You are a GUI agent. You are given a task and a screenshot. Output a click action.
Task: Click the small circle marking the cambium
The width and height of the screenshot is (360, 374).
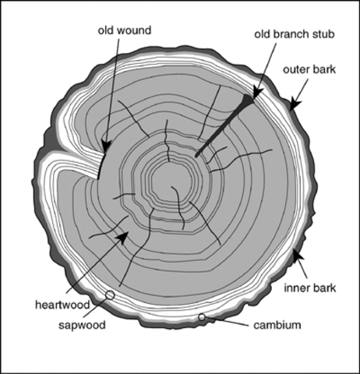click(x=202, y=317)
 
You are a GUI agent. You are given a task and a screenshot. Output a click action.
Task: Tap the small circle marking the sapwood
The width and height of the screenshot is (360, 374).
click(x=110, y=295)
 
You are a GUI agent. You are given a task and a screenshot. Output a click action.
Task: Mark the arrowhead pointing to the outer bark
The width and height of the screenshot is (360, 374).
click(x=294, y=102)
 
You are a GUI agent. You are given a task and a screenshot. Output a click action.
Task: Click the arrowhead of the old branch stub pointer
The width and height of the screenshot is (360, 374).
click(x=257, y=93)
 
